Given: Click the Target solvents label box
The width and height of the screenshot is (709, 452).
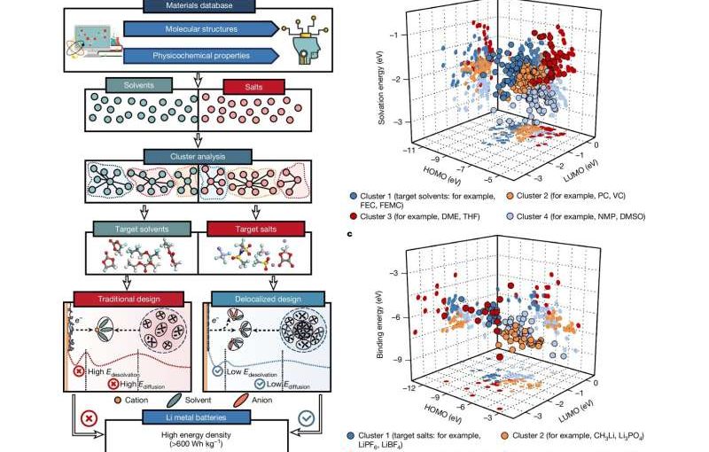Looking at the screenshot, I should [140, 230].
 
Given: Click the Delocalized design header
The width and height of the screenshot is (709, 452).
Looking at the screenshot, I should [257, 299].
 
